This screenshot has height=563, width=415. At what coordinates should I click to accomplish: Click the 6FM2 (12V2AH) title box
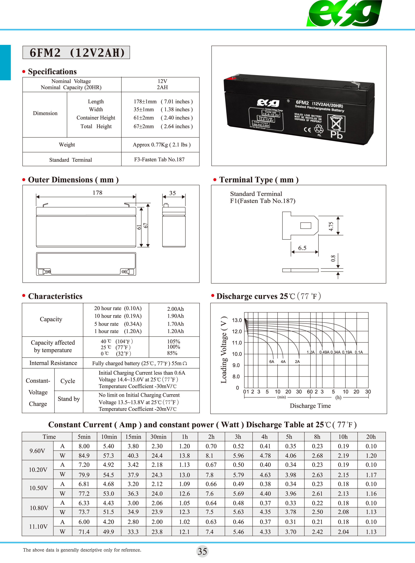[x=76, y=53]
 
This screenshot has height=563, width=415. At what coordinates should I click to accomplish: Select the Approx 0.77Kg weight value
[x=162, y=145]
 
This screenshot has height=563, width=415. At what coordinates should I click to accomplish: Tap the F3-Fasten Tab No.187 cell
[x=159, y=160]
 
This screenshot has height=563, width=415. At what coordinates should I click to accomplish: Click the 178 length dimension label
[x=97, y=193]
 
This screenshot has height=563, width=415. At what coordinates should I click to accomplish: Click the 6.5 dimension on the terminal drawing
[x=302, y=248]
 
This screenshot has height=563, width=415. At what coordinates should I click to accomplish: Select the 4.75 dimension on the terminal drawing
[x=331, y=226]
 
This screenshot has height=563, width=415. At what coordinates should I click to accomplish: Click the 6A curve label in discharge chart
[x=272, y=362]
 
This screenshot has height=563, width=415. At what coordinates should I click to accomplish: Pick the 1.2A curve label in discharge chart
[x=311, y=352]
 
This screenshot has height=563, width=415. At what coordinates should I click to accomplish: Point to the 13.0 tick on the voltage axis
[x=237, y=320]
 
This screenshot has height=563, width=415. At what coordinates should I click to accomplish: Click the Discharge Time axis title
[x=310, y=406]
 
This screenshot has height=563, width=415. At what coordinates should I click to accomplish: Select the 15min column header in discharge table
[x=133, y=437]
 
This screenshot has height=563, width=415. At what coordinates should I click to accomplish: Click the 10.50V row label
[x=38, y=488]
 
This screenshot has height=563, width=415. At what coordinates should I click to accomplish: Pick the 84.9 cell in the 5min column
[x=84, y=455]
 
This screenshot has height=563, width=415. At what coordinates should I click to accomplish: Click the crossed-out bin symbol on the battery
[x=336, y=123]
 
